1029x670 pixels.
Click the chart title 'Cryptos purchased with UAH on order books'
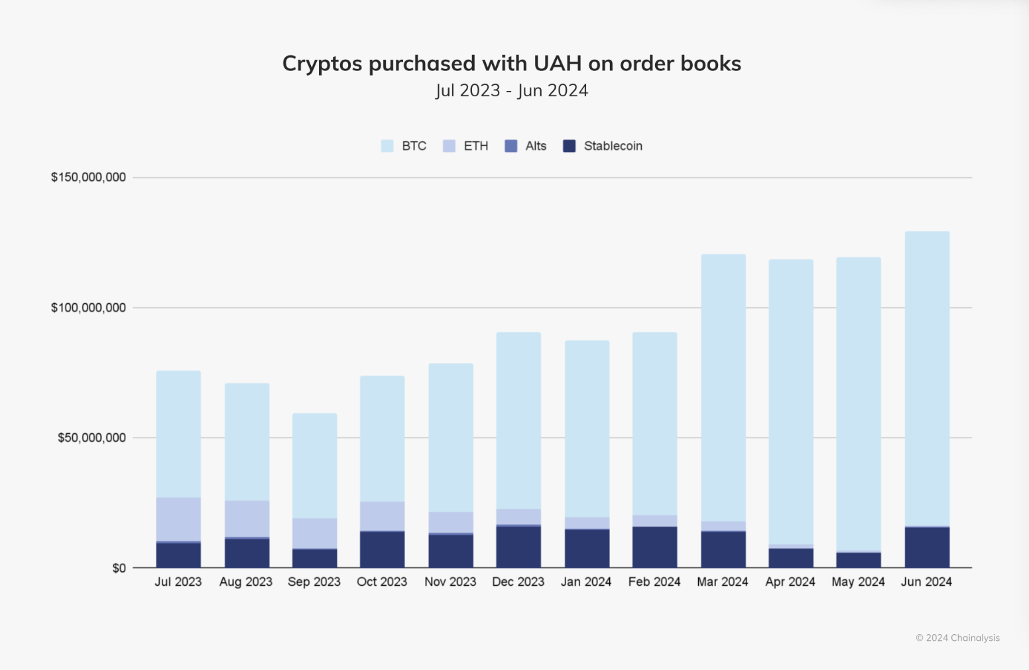pyautogui.click(x=511, y=64)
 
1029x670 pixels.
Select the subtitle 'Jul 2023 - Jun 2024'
pyautogui.click(x=511, y=90)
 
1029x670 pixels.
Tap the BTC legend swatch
pyautogui.click(x=387, y=146)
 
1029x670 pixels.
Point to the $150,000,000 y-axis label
pyautogui.click(x=88, y=177)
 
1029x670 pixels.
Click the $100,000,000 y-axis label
pyautogui.click(x=88, y=308)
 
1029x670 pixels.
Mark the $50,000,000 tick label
pyautogui.click(x=91, y=438)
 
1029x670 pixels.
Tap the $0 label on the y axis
pyautogui.click(x=119, y=569)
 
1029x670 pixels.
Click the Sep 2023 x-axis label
pyautogui.click(x=314, y=582)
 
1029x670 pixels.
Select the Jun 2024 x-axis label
pyautogui.click(x=926, y=582)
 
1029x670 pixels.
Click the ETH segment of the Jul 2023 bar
pyautogui.click(x=178, y=519)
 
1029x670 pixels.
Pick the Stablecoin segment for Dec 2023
pyautogui.click(x=518, y=547)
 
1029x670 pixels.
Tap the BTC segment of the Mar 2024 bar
pyautogui.click(x=723, y=388)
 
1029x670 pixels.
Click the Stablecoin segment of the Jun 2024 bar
pyautogui.click(x=927, y=548)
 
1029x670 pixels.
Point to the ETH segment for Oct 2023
pyautogui.click(x=382, y=516)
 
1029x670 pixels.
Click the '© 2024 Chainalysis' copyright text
pyautogui.click(x=957, y=638)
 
